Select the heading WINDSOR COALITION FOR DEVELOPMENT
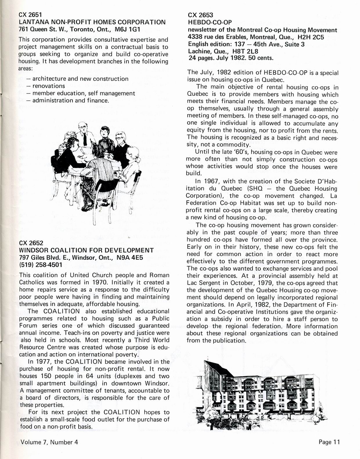86,251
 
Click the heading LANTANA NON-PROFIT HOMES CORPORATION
92,22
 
